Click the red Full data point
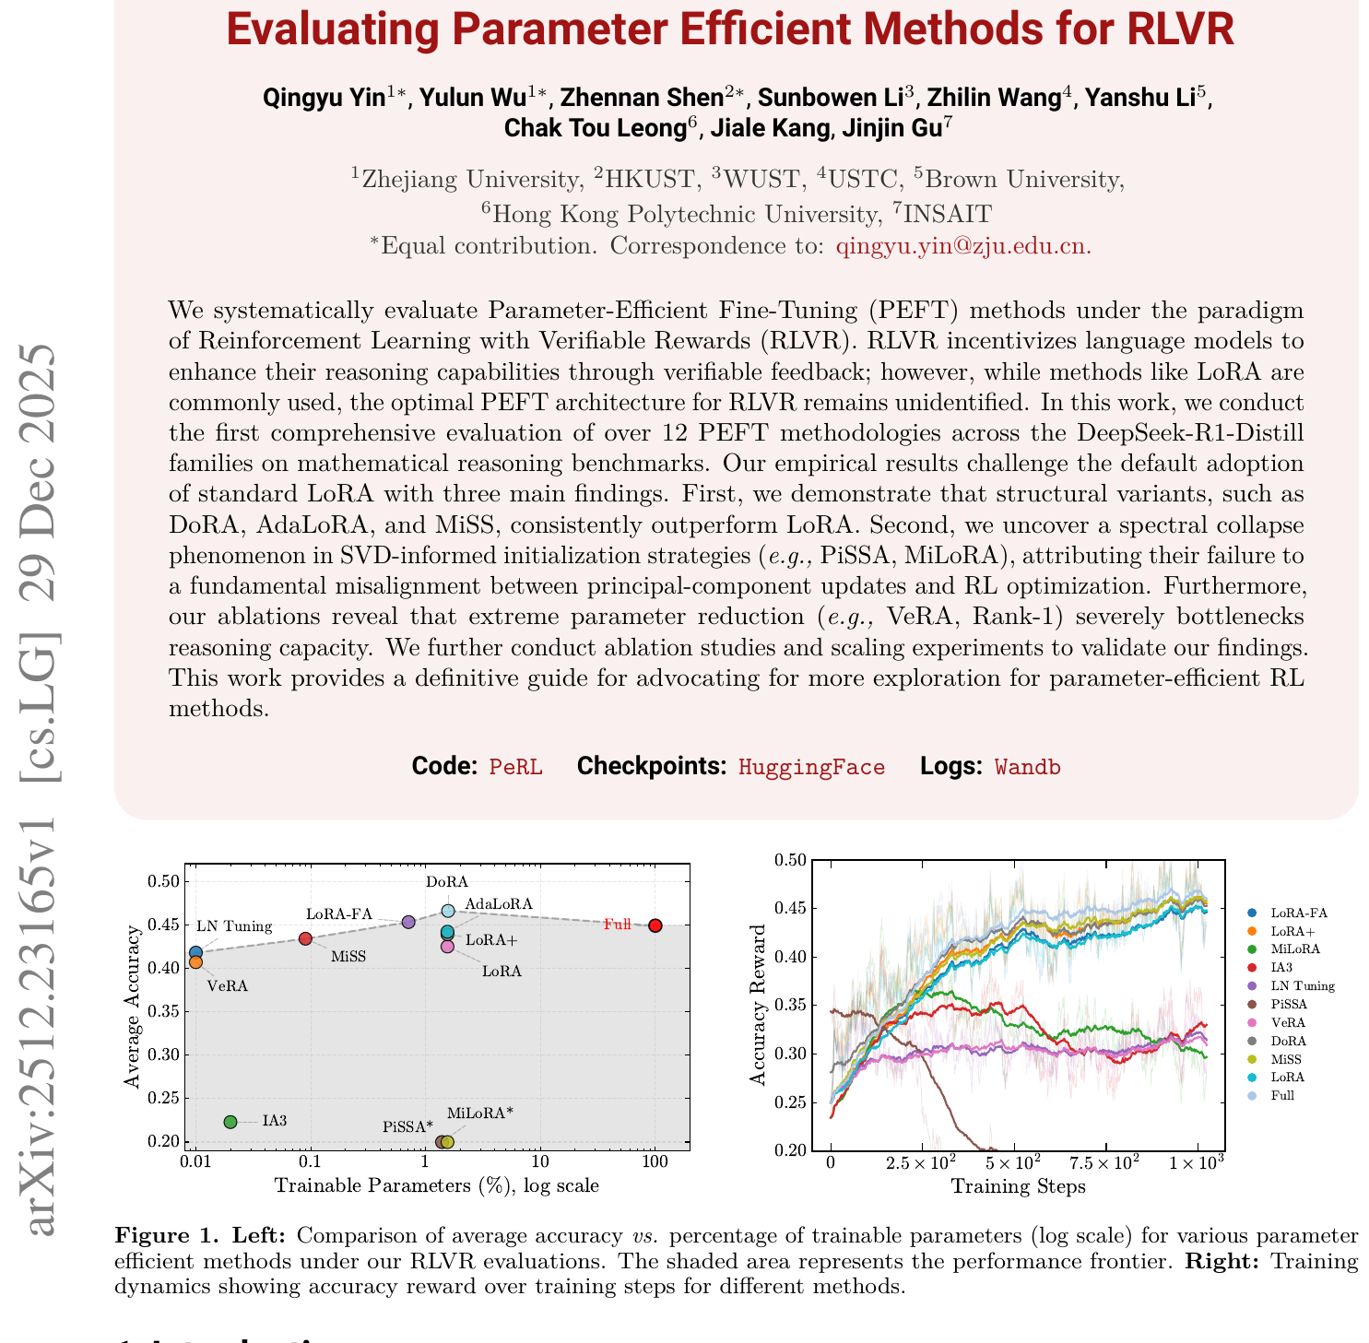tap(655, 925)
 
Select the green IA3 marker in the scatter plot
tap(230, 1122)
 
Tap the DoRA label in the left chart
tap(447, 882)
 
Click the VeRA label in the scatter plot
tap(228, 985)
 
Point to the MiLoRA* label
tap(480, 1113)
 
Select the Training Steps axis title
tap(1018, 1186)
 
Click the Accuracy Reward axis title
tap(758, 1004)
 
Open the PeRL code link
tap(515, 767)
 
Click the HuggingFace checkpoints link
tap(812, 767)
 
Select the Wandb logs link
tap(1028, 767)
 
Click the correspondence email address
tap(963, 246)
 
